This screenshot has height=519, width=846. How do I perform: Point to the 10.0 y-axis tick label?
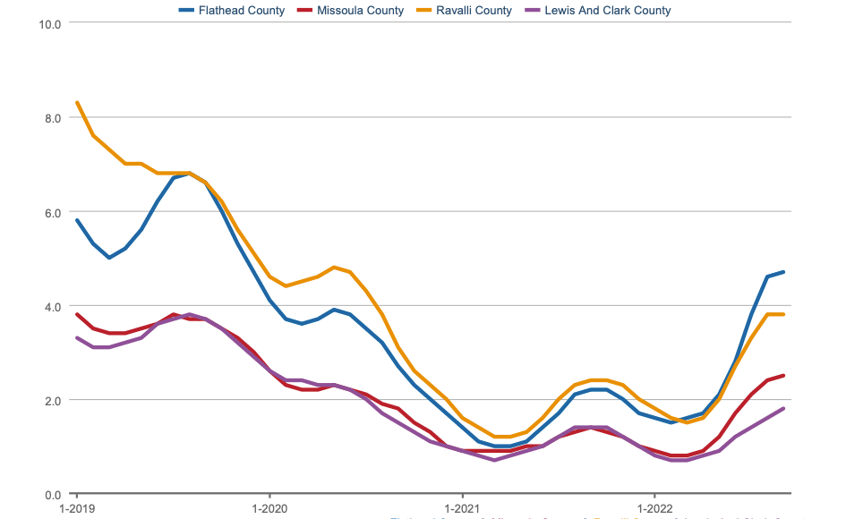(x=50, y=23)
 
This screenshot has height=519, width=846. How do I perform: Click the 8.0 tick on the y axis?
(x=53, y=117)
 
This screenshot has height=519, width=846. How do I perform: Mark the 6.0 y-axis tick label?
(x=53, y=212)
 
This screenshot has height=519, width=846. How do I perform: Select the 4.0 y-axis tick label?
(x=53, y=306)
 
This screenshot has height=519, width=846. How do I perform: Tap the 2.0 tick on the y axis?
(x=53, y=400)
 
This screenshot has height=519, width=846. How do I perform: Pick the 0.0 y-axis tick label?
(x=53, y=494)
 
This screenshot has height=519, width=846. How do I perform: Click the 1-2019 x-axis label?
(x=76, y=508)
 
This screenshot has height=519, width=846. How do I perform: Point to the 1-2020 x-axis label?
(x=269, y=508)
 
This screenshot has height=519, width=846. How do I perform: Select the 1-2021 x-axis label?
(x=462, y=508)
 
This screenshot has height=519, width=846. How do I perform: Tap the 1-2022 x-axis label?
(x=654, y=508)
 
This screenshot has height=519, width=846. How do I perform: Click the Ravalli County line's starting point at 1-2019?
(x=77, y=103)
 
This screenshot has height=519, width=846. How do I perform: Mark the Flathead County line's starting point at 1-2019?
(x=77, y=220)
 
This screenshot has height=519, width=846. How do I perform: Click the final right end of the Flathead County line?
(x=783, y=272)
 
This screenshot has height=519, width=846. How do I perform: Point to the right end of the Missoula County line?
(x=783, y=376)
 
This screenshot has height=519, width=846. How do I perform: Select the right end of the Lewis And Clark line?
(x=783, y=409)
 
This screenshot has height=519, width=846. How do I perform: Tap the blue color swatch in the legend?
(x=187, y=11)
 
